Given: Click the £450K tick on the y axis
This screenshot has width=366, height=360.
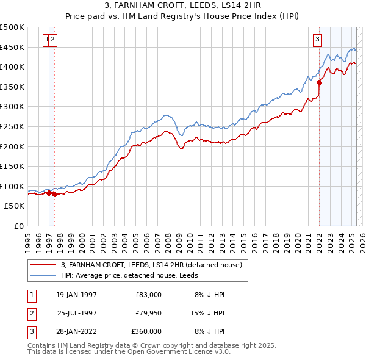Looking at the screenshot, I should [12, 47].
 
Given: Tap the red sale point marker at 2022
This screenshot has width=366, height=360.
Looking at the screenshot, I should [319, 83].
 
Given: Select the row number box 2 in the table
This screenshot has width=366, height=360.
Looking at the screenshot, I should [31, 313].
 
